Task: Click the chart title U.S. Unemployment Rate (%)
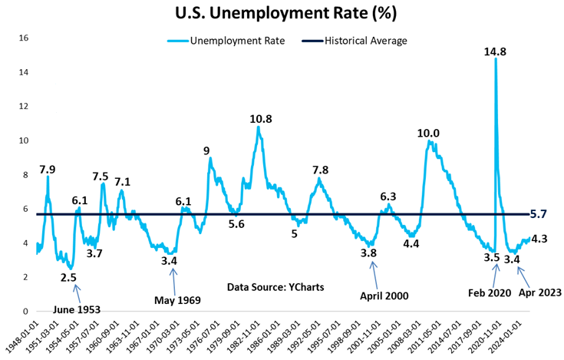pyautogui.click(x=282, y=15)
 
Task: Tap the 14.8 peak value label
pyautogui.click(x=494, y=51)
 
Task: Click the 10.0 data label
pyautogui.click(x=428, y=134)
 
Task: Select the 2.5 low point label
pyautogui.click(x=68, y=277)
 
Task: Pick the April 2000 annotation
pyautogui.click(x=383, y=295)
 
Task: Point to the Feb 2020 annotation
pyautogui.click(x=488, y=292)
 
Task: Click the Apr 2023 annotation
pyautogui.click(x=539, y=292)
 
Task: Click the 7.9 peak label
pyautogui.click(x=47, y=169)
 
